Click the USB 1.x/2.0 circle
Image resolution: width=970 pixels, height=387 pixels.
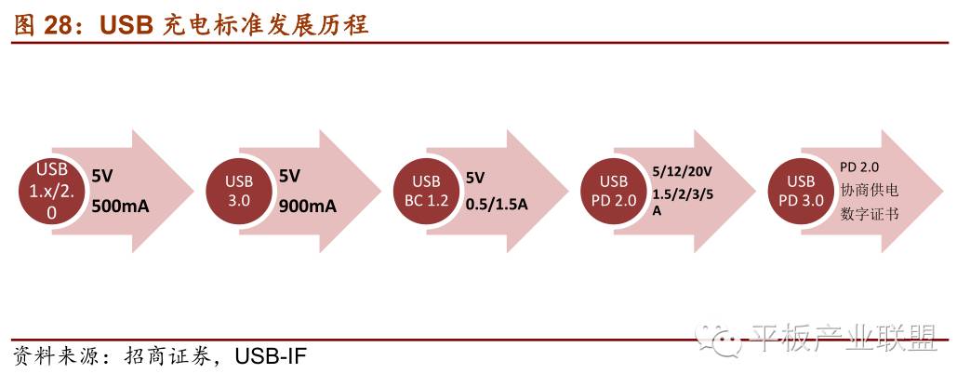coord(51,191)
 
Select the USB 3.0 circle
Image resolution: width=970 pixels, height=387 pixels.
coord(239,191)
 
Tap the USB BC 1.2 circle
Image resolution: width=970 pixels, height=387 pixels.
coord(426,191)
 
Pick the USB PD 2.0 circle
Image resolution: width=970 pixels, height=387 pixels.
coord(614,191)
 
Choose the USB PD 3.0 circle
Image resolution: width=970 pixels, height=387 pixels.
coord(802,191)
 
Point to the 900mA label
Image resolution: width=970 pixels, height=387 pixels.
coord(308,207)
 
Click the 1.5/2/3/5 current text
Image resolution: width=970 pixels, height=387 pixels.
coord(684,193)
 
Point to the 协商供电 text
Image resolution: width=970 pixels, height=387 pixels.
coord(870,189)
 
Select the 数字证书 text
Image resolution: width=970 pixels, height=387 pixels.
coord(870,213)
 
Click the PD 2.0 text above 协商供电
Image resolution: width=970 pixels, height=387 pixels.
coord(859,166)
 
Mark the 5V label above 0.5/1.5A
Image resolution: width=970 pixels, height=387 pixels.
coord(475,177)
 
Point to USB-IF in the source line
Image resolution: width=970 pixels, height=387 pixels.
coord(271,356)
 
